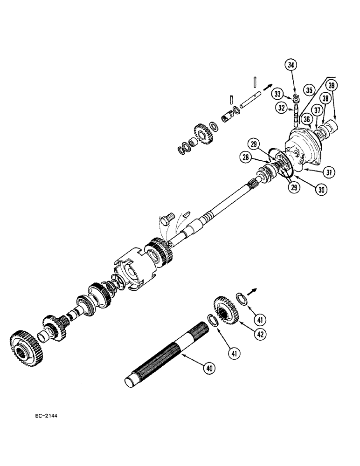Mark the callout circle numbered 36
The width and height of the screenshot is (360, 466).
(x=306, y=119)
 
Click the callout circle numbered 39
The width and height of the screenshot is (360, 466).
(x=332, y=86)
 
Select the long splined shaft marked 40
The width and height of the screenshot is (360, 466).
(x=163, y=359)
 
